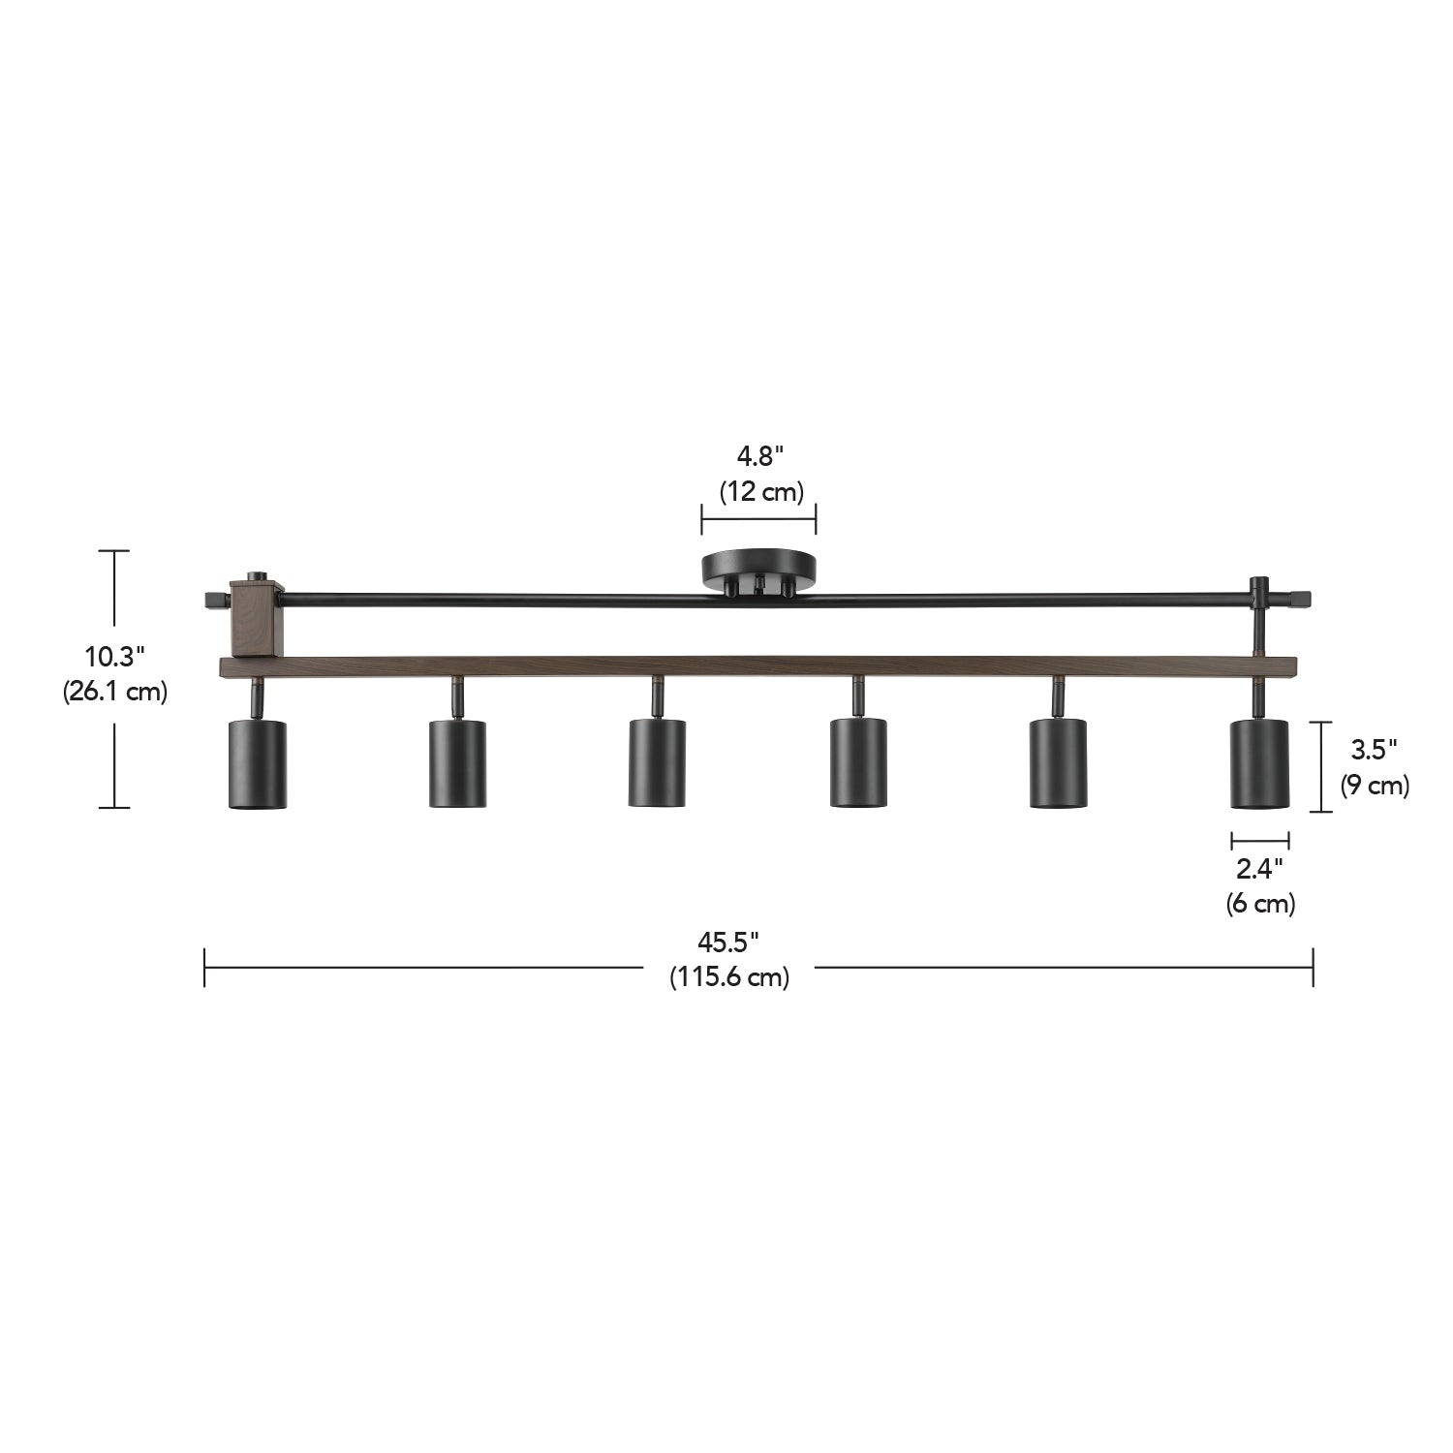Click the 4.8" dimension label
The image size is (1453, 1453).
tap(758, 456)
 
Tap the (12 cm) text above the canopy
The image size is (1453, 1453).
tap(760, 491)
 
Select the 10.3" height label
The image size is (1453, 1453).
tap(114, 657)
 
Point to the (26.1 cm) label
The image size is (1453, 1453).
tap(115, 692)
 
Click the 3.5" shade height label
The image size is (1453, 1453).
tap(1375, 749)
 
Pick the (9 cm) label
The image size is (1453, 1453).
tap(1375, 785)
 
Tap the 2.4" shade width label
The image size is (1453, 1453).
tap(1259, 868)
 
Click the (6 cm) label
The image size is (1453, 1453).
tap(1259, 903)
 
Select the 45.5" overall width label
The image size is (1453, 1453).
tap(728, 942)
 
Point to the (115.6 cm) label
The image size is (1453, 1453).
tap(729, 977)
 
